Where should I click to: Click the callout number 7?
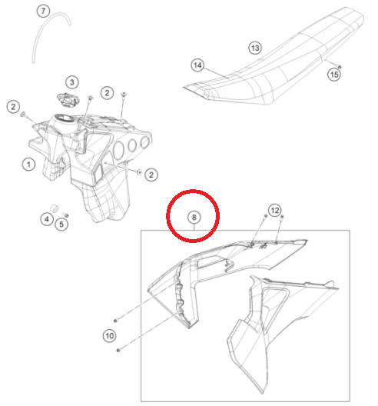[x=43, y=11]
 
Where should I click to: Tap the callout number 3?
[x=72, y=82]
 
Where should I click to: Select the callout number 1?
[x=28, y=165]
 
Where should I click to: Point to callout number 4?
[x=47, y=219]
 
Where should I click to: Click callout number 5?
[x=61, y=225]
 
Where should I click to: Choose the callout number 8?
[x=194, y=218]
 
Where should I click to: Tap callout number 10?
[x=109, y=336]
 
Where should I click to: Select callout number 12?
[x=275, y=210]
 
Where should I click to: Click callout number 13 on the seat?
[x=255, y=48]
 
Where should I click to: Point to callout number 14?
[x=197, y=65]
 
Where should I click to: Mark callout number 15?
[x=334, y=75]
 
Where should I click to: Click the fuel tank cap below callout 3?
[x=68, y=100]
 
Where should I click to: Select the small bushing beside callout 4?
[x=55, y=208]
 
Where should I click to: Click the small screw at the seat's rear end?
[x=340, y=67]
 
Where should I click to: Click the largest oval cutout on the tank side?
[x=118, y=151]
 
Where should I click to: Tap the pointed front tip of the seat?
[x=184, y=88]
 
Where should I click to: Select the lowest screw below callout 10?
[x=118, y=350]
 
